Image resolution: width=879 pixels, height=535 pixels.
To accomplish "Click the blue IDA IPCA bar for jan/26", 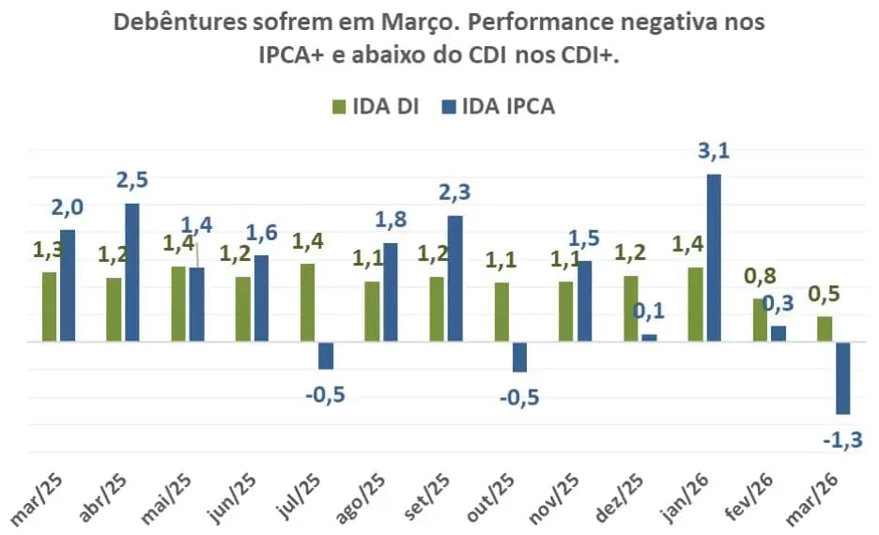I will (714, 258).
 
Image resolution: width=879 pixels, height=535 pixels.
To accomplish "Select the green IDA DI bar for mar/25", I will (49, 307).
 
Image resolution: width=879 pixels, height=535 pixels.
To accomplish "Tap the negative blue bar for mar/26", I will (843, 378).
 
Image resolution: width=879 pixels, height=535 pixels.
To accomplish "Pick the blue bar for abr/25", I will (132, 272).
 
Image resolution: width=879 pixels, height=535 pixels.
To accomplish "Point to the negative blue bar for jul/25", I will (326, 356).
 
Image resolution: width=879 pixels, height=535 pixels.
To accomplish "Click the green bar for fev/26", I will (760, 320).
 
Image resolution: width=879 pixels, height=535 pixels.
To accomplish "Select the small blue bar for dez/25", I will (649, 338).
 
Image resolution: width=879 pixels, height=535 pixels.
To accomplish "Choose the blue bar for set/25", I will (455, 279).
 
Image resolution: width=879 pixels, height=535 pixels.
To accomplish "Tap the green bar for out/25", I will (502, 313).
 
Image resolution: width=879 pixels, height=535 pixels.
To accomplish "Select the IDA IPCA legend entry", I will (498, 106).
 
